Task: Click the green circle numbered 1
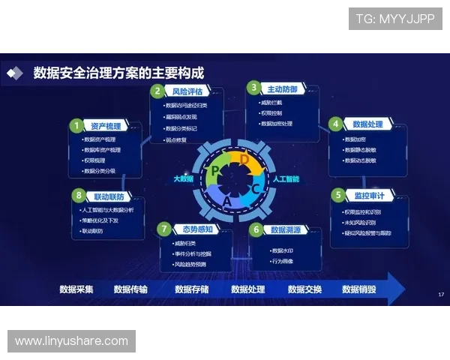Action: pos(76,125)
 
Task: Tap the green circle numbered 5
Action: pos(339,196)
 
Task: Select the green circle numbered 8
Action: pos(77,196)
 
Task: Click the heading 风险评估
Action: pos(187,91)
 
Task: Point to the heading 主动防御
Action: pos(282,89)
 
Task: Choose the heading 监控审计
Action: pos(368,196)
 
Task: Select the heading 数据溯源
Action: pos(286,229)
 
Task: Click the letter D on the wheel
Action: pos(244,158)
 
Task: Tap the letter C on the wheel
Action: pos(255,188)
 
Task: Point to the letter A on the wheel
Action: pos(228,201)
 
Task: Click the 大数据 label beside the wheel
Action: pos(183,179)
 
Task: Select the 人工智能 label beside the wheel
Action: pos(286,179)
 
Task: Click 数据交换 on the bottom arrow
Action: pos(304,289)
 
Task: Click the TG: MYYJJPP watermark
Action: pos(395,19)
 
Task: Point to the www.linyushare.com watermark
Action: pos(71,341)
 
